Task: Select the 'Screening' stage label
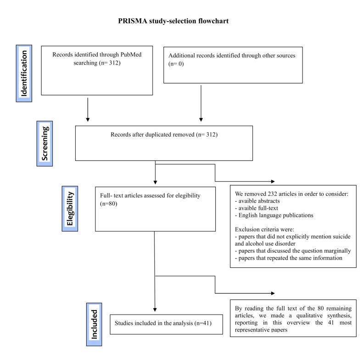pos(45,144)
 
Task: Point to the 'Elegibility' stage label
pos(70,208)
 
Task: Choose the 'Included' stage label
pos(94,324)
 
